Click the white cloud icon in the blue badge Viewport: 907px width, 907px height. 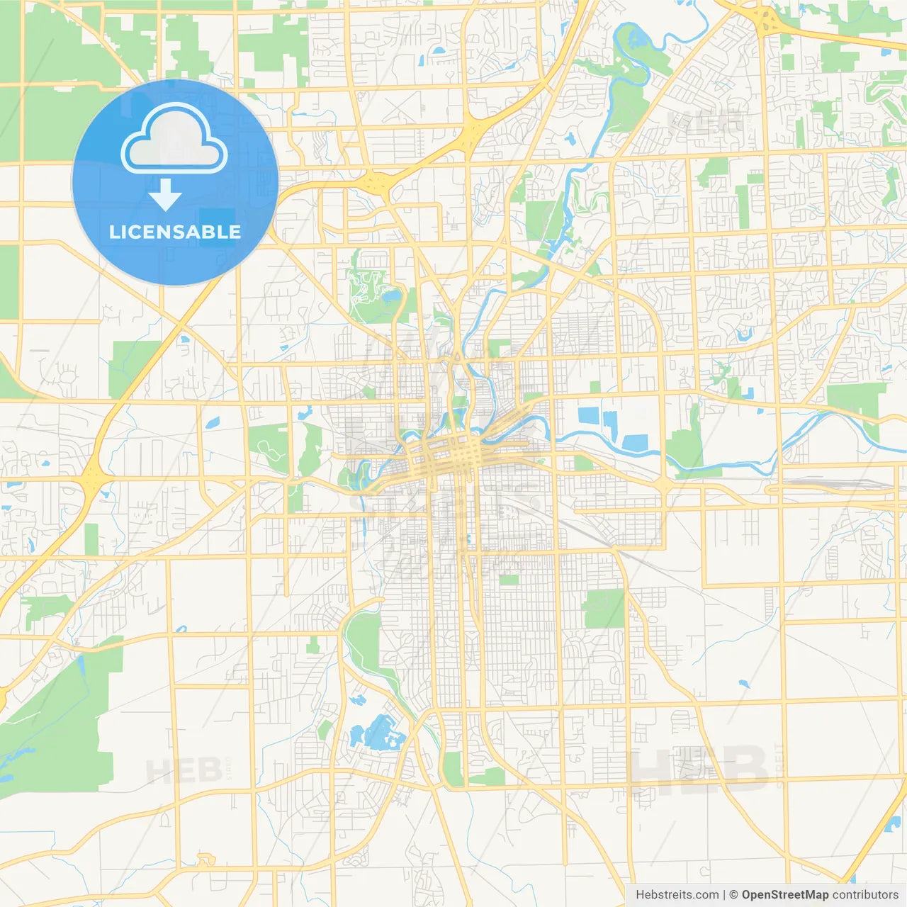pos(174,139)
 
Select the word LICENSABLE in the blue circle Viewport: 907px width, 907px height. pos(175,232)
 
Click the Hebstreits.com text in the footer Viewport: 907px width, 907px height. pos(677,895)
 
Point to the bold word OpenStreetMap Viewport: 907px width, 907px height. pos(785,895)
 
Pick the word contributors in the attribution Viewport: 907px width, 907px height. pos(865,895)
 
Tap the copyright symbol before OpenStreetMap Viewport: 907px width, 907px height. pos(733,895)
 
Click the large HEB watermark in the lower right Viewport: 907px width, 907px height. pos(698,769)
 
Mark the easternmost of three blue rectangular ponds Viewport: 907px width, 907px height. pos(635,443)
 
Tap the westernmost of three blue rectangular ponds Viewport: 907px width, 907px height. pos(588,416)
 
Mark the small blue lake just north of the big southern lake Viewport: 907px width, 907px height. pos(358,701)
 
